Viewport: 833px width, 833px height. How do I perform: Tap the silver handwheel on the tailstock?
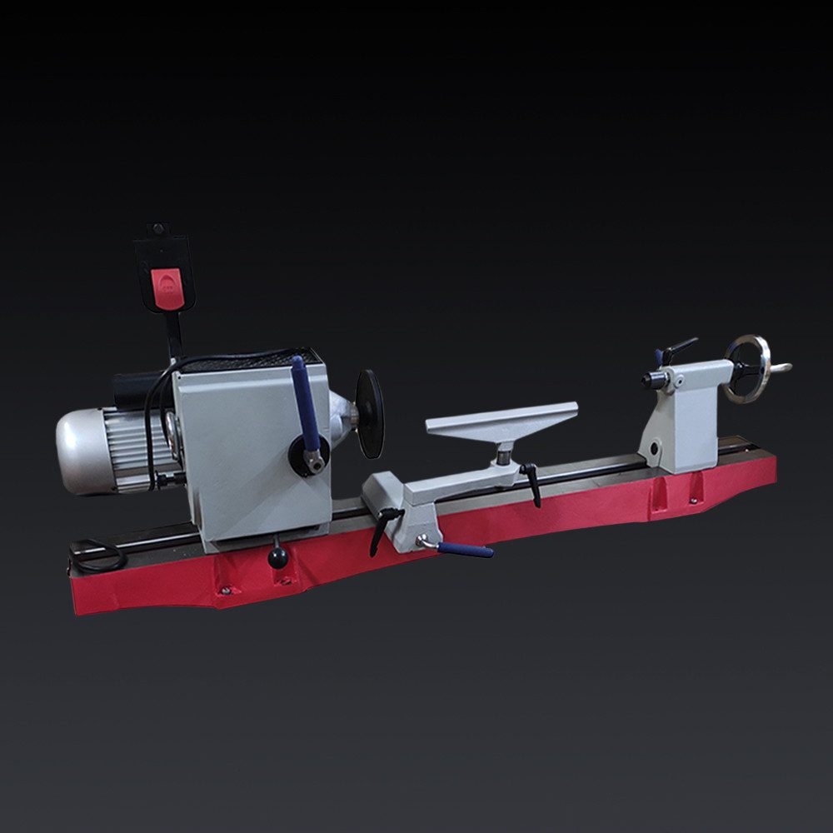[x=748, y=367]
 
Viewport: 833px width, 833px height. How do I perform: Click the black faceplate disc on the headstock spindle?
[x=370, y=414]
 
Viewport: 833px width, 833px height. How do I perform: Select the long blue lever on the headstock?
[x=305, y=405]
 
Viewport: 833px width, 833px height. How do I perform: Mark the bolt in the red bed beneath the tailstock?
[x=693, y=501]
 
